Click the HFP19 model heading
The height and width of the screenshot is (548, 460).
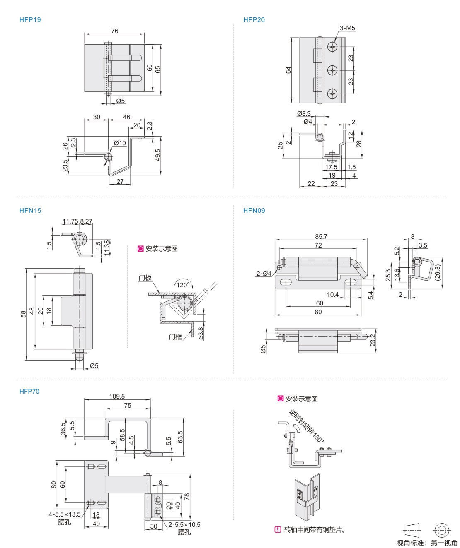tap(30, 20)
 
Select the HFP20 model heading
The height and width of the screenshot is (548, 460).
tap(254, 20)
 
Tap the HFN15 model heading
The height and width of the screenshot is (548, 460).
tap(30, 211)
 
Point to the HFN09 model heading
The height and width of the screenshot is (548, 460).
tap(254, 211)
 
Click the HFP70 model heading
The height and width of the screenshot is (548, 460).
tap(29, 392)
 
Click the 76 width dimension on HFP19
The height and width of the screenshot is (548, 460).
tap(115, 31)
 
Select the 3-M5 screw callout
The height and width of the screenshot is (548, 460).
tap(347, 29)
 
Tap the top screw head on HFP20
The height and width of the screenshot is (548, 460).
tap(333, 47)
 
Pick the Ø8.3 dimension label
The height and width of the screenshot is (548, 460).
tap(304, 114)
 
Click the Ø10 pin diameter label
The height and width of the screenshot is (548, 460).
tap(120, 143)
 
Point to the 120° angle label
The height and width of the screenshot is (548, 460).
tap(183, 285)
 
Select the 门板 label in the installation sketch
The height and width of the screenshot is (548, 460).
tap(145, 278)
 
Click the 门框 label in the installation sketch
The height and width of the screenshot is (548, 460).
tap(175, 337)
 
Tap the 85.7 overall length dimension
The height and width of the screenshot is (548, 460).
tap(321, 237)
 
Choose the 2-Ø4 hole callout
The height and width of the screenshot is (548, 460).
tap(264, 274)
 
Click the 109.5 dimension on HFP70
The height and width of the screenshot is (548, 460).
tap(117, 397)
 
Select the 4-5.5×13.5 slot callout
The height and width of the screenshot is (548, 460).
tap(65, 514)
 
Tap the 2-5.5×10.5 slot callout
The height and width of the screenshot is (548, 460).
tap(184, 525)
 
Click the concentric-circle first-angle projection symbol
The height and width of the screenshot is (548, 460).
tap(442, 530)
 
